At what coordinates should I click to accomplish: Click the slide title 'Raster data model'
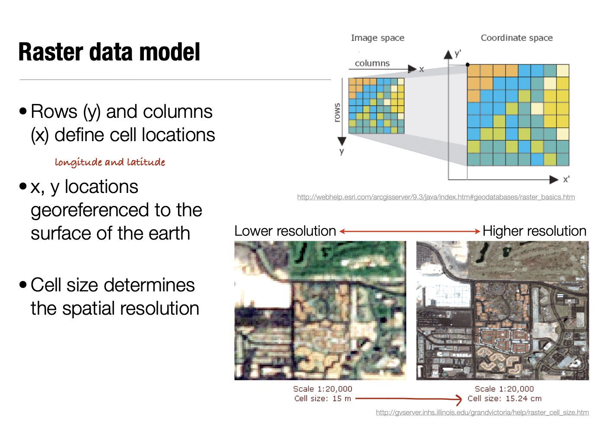click(x=109, y=52)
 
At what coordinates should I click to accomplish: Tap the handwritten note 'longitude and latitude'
click(x=110, y=162)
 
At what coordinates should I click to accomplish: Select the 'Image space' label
click(x=377, y=38)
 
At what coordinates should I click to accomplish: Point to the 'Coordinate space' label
click(x=516, y=38)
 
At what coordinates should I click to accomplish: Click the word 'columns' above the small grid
click(x=372, y=63)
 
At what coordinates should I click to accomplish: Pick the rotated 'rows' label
click(x=337, y=112)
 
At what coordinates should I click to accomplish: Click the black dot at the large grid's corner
click(x=468, y=65)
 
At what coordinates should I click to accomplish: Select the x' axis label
click(x=566, y=179)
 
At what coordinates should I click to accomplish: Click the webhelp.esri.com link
click(x=436, y=197)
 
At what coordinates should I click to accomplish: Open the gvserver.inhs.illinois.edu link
click(x=482, y=413)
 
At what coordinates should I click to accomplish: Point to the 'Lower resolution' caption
click(x=285, y=231)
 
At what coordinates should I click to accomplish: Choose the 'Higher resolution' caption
click(x=534, y=231)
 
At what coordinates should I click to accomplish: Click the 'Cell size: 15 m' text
click(x=322, y=398)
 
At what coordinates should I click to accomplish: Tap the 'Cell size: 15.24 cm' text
click(x=504, y=398)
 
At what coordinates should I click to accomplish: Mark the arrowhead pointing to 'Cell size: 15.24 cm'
click(x=459, y=399)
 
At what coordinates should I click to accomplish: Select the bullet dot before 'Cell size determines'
click(x=23, y=285)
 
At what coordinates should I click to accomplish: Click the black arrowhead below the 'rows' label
click(x=342, y=141)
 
